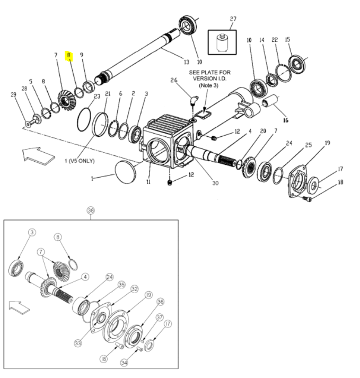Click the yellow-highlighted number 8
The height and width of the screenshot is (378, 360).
69,55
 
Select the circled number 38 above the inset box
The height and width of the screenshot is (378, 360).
91,210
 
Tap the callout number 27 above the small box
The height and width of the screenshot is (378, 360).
233,19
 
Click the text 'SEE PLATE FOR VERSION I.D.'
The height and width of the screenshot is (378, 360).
210,75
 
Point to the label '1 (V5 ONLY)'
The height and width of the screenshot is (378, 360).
80,161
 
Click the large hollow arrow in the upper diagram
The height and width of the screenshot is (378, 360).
39,156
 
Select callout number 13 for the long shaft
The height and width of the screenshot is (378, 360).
187,62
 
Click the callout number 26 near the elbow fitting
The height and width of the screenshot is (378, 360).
174,80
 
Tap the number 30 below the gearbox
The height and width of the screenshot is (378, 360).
215,183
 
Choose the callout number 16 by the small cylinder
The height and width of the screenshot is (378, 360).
286,120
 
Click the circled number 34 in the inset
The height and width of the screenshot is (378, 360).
124,363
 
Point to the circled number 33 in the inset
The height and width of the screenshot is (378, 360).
78,343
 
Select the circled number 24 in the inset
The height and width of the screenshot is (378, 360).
109,277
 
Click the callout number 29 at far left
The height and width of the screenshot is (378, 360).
13,94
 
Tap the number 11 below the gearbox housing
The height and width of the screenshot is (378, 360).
148,182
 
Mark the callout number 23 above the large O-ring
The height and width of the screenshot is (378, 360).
97,96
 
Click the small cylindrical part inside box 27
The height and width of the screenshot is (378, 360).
222,43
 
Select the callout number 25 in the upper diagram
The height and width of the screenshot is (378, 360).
309,145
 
